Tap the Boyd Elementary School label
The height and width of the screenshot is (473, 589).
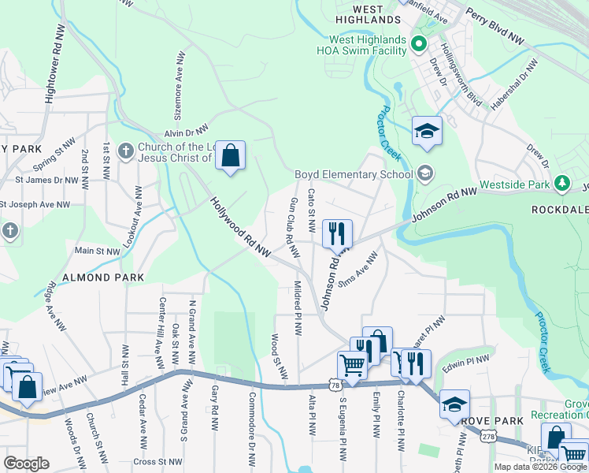pyautogui.click(x=354, y=174)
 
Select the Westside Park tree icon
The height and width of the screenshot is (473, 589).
pyautogui.click(x=561, y=183)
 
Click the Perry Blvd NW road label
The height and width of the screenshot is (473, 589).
pyautogui.click(x=495, y=26)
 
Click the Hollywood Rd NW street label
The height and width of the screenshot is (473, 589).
pyautogui.click(x=240, y=227)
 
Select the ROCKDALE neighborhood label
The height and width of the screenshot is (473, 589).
pyautogui.click(x=559, y=210)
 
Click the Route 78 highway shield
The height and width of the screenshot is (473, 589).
pyautogui.click(x=336, y=385)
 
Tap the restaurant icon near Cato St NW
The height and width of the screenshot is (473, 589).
pyautogui.click(x=337, y=233)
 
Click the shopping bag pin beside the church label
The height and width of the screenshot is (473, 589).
pyautogui.click(x=230, y=155)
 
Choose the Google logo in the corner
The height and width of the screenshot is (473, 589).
pyautogui.click(x=26, y=463)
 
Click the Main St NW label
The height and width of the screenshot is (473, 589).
pyautogui.click(x=96, y=251)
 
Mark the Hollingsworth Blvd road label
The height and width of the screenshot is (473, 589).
pyautogui.click(x=460, y=75)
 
